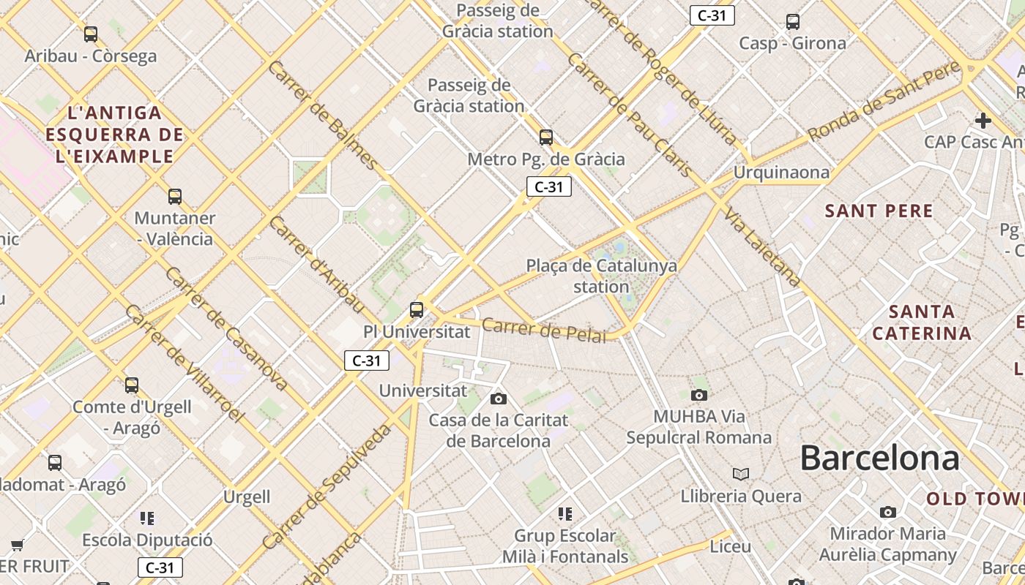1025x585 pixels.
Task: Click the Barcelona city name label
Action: click(879, 458)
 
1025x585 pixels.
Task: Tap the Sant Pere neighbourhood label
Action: click(879, 211)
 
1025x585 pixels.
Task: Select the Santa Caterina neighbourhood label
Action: click(922, 322)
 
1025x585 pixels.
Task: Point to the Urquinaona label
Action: click(781, 173)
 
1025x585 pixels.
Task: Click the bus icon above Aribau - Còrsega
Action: click(91, 34)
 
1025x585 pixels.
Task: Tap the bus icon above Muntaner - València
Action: click(174, 196)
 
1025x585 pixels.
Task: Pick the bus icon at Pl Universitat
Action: click(417, 309)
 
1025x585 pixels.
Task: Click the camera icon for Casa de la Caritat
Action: click(499, 399)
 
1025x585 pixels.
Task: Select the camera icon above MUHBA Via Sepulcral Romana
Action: click(699, 396)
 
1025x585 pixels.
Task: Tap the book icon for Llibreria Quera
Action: click(741, 475)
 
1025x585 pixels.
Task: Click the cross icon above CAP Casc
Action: click(983, 120)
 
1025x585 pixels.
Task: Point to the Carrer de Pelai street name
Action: click(544, 330)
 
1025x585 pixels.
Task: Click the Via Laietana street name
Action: click(762, 246)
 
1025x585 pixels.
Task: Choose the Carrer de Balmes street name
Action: click(324, 115)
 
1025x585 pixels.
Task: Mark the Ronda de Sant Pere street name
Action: click(884, 101)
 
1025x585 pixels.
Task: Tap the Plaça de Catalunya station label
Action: click(601, 276)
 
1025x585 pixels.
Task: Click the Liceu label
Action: click(730, 546)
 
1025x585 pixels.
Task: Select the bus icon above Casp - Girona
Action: click(792, 21)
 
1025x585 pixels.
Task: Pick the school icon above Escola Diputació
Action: click(147, 518)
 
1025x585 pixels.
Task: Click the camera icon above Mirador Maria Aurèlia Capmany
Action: click(888, 512)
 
